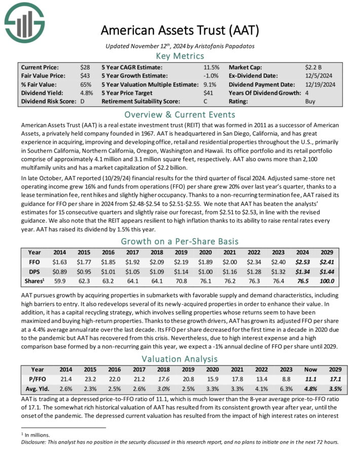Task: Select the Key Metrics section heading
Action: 179,56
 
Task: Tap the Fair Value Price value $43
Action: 85,76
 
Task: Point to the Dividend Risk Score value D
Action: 82,101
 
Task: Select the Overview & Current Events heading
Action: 179,114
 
